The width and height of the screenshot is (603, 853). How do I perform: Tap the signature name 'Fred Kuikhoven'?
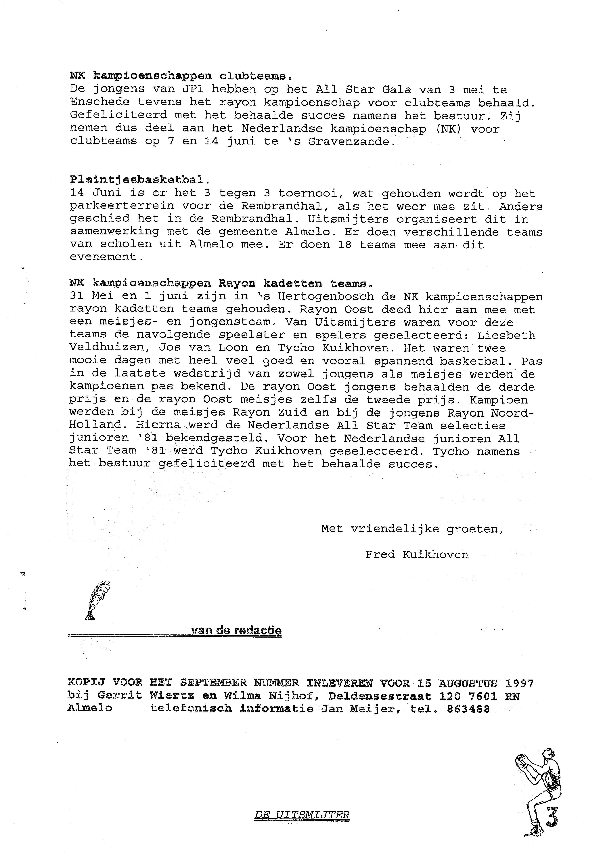click(417, 555)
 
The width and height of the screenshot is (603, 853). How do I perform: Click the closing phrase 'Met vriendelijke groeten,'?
click(412, 529)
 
